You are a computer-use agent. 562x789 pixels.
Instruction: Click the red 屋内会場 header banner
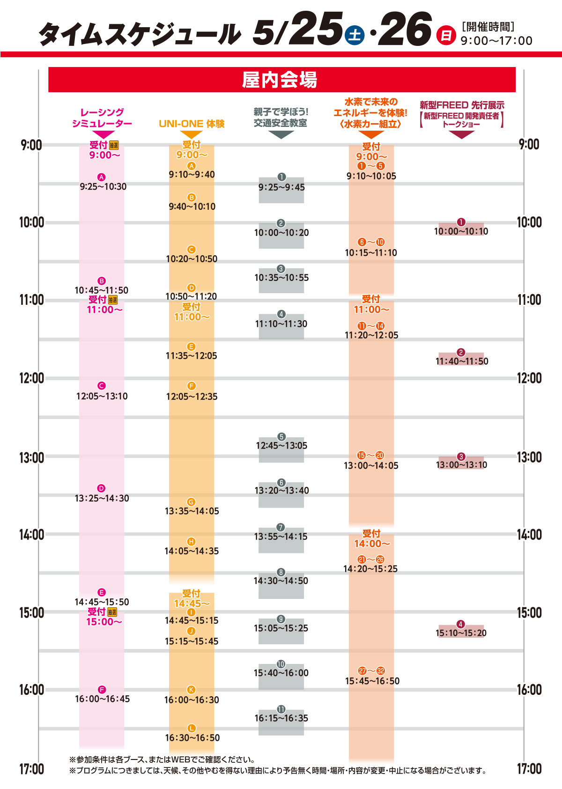point(281,80)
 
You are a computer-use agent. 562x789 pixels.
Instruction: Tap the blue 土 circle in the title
point(355,35)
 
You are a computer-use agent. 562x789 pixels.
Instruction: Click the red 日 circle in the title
point(445,36)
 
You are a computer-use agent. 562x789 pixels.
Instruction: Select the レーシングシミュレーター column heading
point(102,118)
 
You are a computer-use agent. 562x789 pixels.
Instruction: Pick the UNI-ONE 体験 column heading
point(192,124)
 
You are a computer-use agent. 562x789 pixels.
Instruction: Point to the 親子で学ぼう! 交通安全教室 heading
point(281,118)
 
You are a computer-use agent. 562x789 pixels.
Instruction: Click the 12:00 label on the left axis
point(31,378)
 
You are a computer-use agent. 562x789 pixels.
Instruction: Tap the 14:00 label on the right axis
point(529,534)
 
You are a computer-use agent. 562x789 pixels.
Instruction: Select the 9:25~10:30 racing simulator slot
point(103,186)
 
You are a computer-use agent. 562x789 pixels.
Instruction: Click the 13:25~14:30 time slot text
point(102,498)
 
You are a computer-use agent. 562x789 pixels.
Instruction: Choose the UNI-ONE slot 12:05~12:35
point(192,396)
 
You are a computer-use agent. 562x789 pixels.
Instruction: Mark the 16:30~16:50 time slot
point(192,737)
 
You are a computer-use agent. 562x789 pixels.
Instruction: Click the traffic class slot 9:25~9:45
point(281,187)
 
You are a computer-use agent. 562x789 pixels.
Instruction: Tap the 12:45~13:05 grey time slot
point(281,445)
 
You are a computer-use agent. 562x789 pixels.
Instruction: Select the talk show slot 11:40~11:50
point(462,361)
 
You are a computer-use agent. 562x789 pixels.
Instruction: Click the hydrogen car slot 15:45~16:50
point(372,681)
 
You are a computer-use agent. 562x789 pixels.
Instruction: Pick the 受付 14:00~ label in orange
point(372,538)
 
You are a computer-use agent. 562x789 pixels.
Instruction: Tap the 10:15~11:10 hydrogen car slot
point(371,252)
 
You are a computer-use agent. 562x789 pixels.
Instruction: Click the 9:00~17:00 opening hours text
point(496,41)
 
